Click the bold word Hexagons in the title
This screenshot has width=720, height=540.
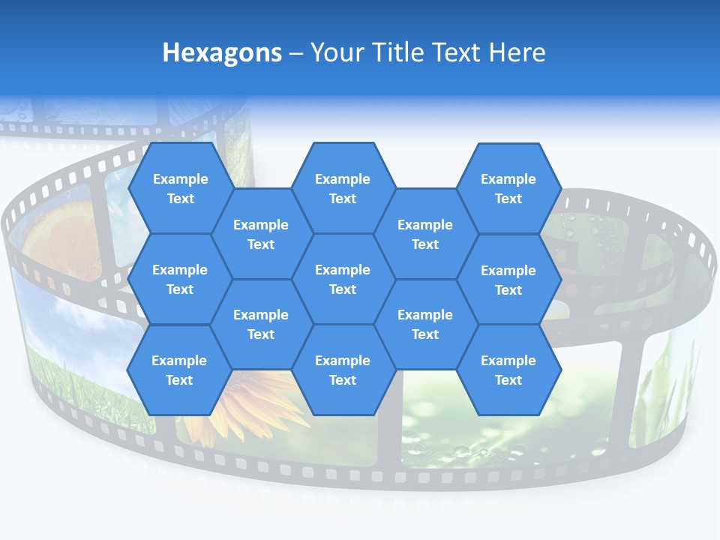222,52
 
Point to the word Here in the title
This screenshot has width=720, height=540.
517,52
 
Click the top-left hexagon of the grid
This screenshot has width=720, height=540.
180,188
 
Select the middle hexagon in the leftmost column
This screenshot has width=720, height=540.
180,279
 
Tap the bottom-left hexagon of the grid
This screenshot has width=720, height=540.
179,370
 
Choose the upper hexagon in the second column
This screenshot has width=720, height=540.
261,234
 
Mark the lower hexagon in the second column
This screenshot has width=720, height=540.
261,324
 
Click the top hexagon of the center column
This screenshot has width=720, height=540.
343,188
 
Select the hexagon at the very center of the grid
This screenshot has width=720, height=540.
343,279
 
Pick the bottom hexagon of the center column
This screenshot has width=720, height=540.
343,370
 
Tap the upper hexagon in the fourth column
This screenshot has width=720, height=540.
425,234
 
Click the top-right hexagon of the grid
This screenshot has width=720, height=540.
508,188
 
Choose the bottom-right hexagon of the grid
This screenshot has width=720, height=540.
508,370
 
